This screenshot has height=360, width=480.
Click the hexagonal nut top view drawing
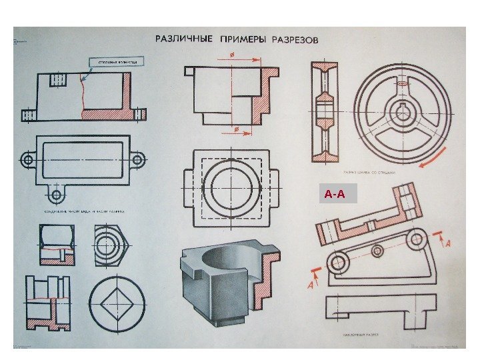[109, 244]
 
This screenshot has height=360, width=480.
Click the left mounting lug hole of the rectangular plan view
[27, 160]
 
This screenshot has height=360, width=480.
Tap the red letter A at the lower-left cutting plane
[311, 285]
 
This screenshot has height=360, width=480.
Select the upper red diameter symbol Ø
[231, 55]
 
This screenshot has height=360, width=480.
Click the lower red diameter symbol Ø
[231, 127]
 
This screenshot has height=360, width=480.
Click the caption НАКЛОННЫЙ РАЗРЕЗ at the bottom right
[361, 331]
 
